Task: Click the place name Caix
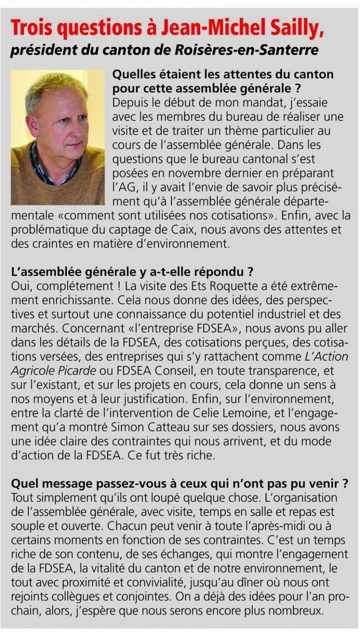[x=230, y=229]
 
